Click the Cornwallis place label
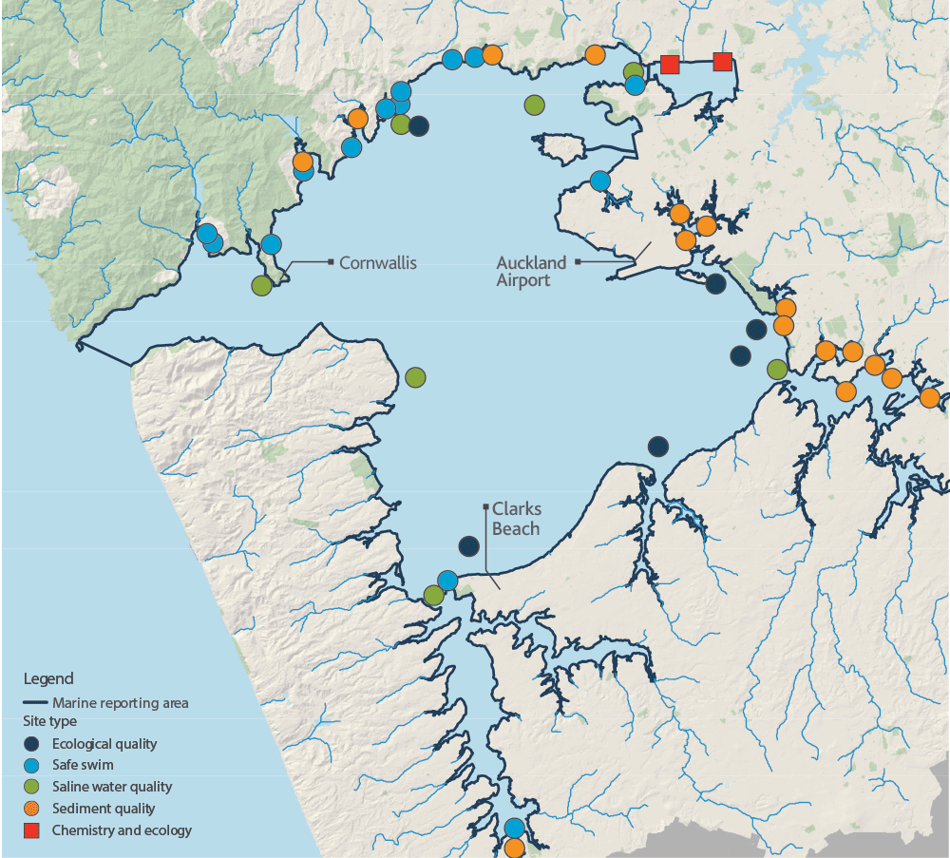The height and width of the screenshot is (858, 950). pyautogui.click(x=378, y=261)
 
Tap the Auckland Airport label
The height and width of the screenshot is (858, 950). pyautogui.click(x=531, y=271)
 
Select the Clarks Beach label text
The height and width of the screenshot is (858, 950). pyautogui.click(x=516, y=520)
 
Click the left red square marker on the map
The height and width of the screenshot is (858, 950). pyautogui.click(x=670, y=64)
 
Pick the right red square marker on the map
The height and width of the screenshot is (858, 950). pyautogui.click(x=722, y=62)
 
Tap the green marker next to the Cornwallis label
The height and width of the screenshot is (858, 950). pyautogui.click(x=262, y=284)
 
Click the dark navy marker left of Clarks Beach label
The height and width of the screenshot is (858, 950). pyautogui.click(x=468, y=545)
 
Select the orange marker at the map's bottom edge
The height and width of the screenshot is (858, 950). pyautogui.click(x=514, y=847)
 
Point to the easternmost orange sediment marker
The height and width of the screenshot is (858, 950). pyautogui.click(x=929, y=397)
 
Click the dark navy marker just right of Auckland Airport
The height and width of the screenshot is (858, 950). pyautogui.click(x=715, y=283)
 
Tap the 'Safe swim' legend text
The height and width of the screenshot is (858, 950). pyautogui.click(x=84, y=765)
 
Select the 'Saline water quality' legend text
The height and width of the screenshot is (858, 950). pyautogui.click(x=112, y=787)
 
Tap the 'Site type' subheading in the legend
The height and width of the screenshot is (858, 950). pyautogui.click(x=49, y=721)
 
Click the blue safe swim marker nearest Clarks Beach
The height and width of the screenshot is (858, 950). pyautogui.click(x=446, y=580)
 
